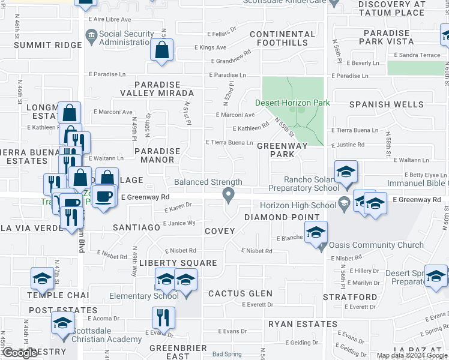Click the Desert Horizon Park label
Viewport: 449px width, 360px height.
pos(293,103)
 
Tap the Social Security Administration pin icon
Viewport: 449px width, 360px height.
pos(91,37)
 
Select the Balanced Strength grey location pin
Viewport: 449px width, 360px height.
pos(228,194)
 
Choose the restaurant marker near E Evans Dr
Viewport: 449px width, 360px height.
pos(162,317)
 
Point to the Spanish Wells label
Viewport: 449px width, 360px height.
pos(387,104)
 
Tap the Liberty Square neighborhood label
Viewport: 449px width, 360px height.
pos(178,263)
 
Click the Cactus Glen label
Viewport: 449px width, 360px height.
pos(240,293)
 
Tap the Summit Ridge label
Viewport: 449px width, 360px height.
pos(47,45)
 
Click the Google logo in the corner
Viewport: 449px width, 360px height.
pos(20,353)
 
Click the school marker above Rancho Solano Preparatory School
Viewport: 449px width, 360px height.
pos(346,172)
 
